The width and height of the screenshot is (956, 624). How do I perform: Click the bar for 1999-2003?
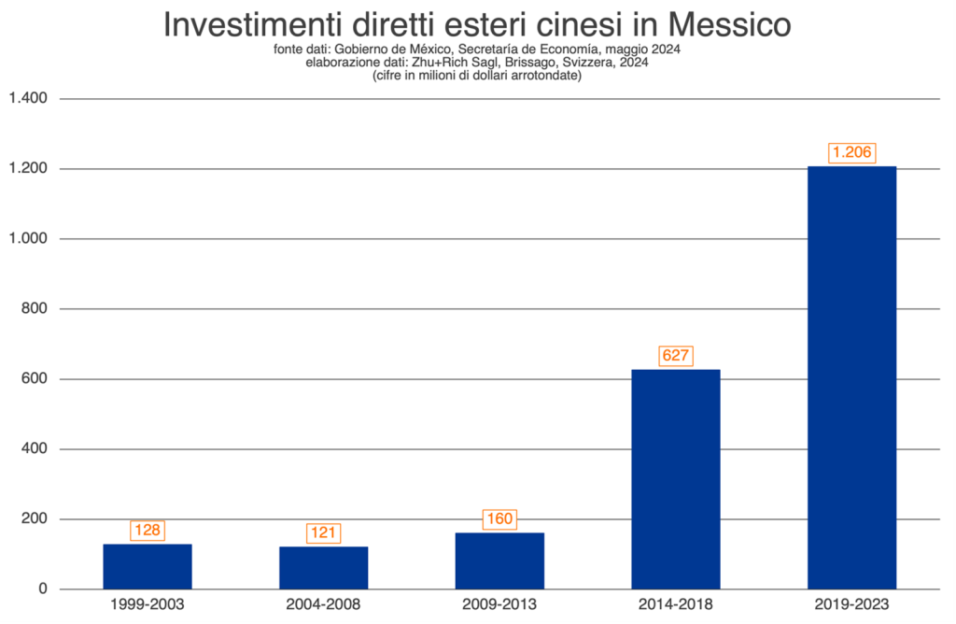[x=148, y=566]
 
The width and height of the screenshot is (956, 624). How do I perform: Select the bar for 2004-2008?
[x=324, y=567]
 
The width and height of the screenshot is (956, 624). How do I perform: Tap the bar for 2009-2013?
[x=499, y=560]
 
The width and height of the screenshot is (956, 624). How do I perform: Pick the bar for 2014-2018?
[x=676, y=478]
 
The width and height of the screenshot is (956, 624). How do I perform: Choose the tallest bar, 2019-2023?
[x=851, y=377]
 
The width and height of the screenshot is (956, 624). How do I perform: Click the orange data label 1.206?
[x=852, y=153]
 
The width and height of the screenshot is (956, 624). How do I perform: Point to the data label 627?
[x=676, y=356]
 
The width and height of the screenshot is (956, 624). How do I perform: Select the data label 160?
[x=499, y=519]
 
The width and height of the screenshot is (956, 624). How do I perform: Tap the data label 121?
[x=324, y=533]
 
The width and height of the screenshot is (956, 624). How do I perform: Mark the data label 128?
[x=148, y=531]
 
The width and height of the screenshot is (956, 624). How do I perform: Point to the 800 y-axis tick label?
[x=35, y=308]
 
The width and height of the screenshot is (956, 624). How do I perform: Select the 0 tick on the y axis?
[x=43, y=589]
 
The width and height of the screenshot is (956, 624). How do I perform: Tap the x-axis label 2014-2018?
[x=676, y=604]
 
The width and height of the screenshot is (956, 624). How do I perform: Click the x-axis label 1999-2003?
[x=148, y=604]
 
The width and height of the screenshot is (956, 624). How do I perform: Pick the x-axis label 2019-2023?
[x=851, y=604]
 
